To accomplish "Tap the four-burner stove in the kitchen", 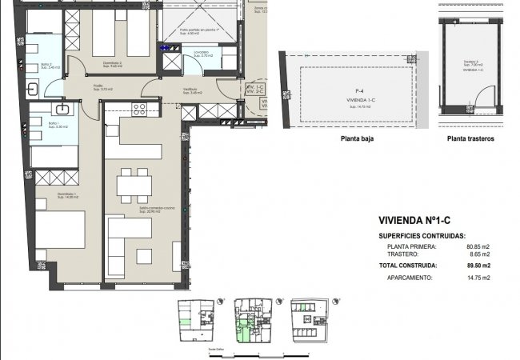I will coord(139,109).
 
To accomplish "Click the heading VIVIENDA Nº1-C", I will coord(414,222).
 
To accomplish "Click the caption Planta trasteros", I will coord(470,138).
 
